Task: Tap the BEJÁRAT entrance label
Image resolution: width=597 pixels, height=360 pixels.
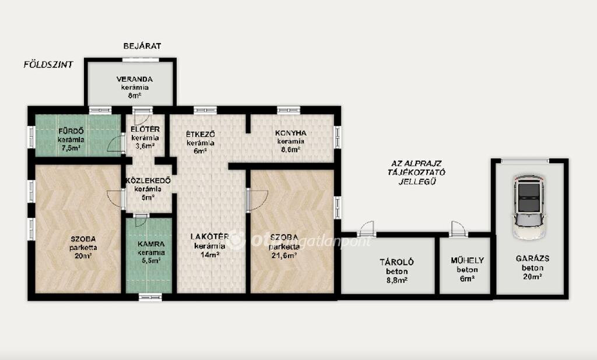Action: (142, 46)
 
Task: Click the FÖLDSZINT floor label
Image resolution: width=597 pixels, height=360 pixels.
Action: (48, 64)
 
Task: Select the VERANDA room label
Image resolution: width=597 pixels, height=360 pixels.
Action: (135, 79)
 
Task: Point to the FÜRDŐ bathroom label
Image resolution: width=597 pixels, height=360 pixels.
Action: (71, 131)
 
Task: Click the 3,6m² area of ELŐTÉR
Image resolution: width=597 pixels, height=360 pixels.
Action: (145, 146)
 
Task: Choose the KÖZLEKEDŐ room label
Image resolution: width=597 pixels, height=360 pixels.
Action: (148, 181)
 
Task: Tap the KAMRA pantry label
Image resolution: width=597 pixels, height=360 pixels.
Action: (151, 244)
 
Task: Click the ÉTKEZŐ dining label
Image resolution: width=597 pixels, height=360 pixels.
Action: (201, 135)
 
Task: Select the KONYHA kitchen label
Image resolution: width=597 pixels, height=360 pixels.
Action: (290, 133)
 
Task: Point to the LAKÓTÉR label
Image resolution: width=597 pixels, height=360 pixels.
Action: (209, 237)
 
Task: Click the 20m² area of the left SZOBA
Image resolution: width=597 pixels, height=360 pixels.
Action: (83, 256)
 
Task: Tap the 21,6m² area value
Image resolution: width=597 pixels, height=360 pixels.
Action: (284, 255)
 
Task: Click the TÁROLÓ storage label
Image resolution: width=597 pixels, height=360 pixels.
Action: (396, 262)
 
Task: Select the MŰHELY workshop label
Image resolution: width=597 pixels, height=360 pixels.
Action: (467, 260)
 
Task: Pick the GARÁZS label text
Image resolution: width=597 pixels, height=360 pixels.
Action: (532, 259)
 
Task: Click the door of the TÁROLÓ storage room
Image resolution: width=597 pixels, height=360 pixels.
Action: (367, 229)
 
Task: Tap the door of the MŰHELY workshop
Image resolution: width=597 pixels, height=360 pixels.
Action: (458, 229)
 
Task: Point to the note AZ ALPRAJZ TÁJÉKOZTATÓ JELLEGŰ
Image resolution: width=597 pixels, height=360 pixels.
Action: (416, 172)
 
